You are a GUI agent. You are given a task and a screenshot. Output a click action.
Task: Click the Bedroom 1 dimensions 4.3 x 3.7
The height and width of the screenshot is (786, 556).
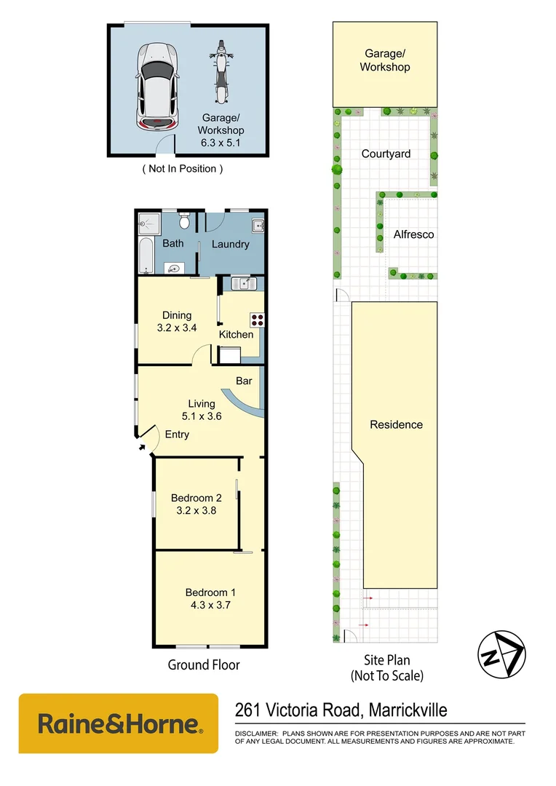point(210,604)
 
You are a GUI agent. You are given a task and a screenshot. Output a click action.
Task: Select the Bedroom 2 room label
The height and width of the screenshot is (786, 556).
point(196,498)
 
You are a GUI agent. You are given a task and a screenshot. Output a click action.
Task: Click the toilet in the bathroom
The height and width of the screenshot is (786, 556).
point(185,218)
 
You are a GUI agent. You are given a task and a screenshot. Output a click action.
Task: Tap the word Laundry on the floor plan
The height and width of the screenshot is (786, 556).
point(230,244)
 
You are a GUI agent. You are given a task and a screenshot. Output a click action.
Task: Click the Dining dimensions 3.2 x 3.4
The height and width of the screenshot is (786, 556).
point(177,327)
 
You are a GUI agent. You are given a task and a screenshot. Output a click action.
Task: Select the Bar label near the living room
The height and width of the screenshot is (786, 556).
point(244,380)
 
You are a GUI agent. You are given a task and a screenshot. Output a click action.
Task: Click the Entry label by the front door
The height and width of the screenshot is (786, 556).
point(177,434)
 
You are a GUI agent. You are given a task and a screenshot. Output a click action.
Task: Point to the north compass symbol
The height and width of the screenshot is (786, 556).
point(501,654)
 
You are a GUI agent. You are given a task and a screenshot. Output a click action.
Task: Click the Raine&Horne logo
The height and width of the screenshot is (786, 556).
point(119,723)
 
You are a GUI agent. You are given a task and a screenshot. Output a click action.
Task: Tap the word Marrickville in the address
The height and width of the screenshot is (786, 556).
point(408,710)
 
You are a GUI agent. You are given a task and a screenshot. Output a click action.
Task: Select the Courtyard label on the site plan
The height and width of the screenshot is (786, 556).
point(386,154)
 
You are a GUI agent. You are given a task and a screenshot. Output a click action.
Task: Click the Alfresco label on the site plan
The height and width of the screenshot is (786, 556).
point(413,234)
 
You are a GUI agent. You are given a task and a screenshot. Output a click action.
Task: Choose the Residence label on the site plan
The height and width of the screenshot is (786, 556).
point(396,424)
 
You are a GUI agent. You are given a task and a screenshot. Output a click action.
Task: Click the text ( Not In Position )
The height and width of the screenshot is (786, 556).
point(182,169)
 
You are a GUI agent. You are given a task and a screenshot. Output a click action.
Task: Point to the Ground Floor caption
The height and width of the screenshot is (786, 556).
point(204,664)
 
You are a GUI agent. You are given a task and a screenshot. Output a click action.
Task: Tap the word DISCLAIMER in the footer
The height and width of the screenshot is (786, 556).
point(255,733)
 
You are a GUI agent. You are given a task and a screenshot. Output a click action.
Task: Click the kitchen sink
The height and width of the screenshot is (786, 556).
point(242,283)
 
